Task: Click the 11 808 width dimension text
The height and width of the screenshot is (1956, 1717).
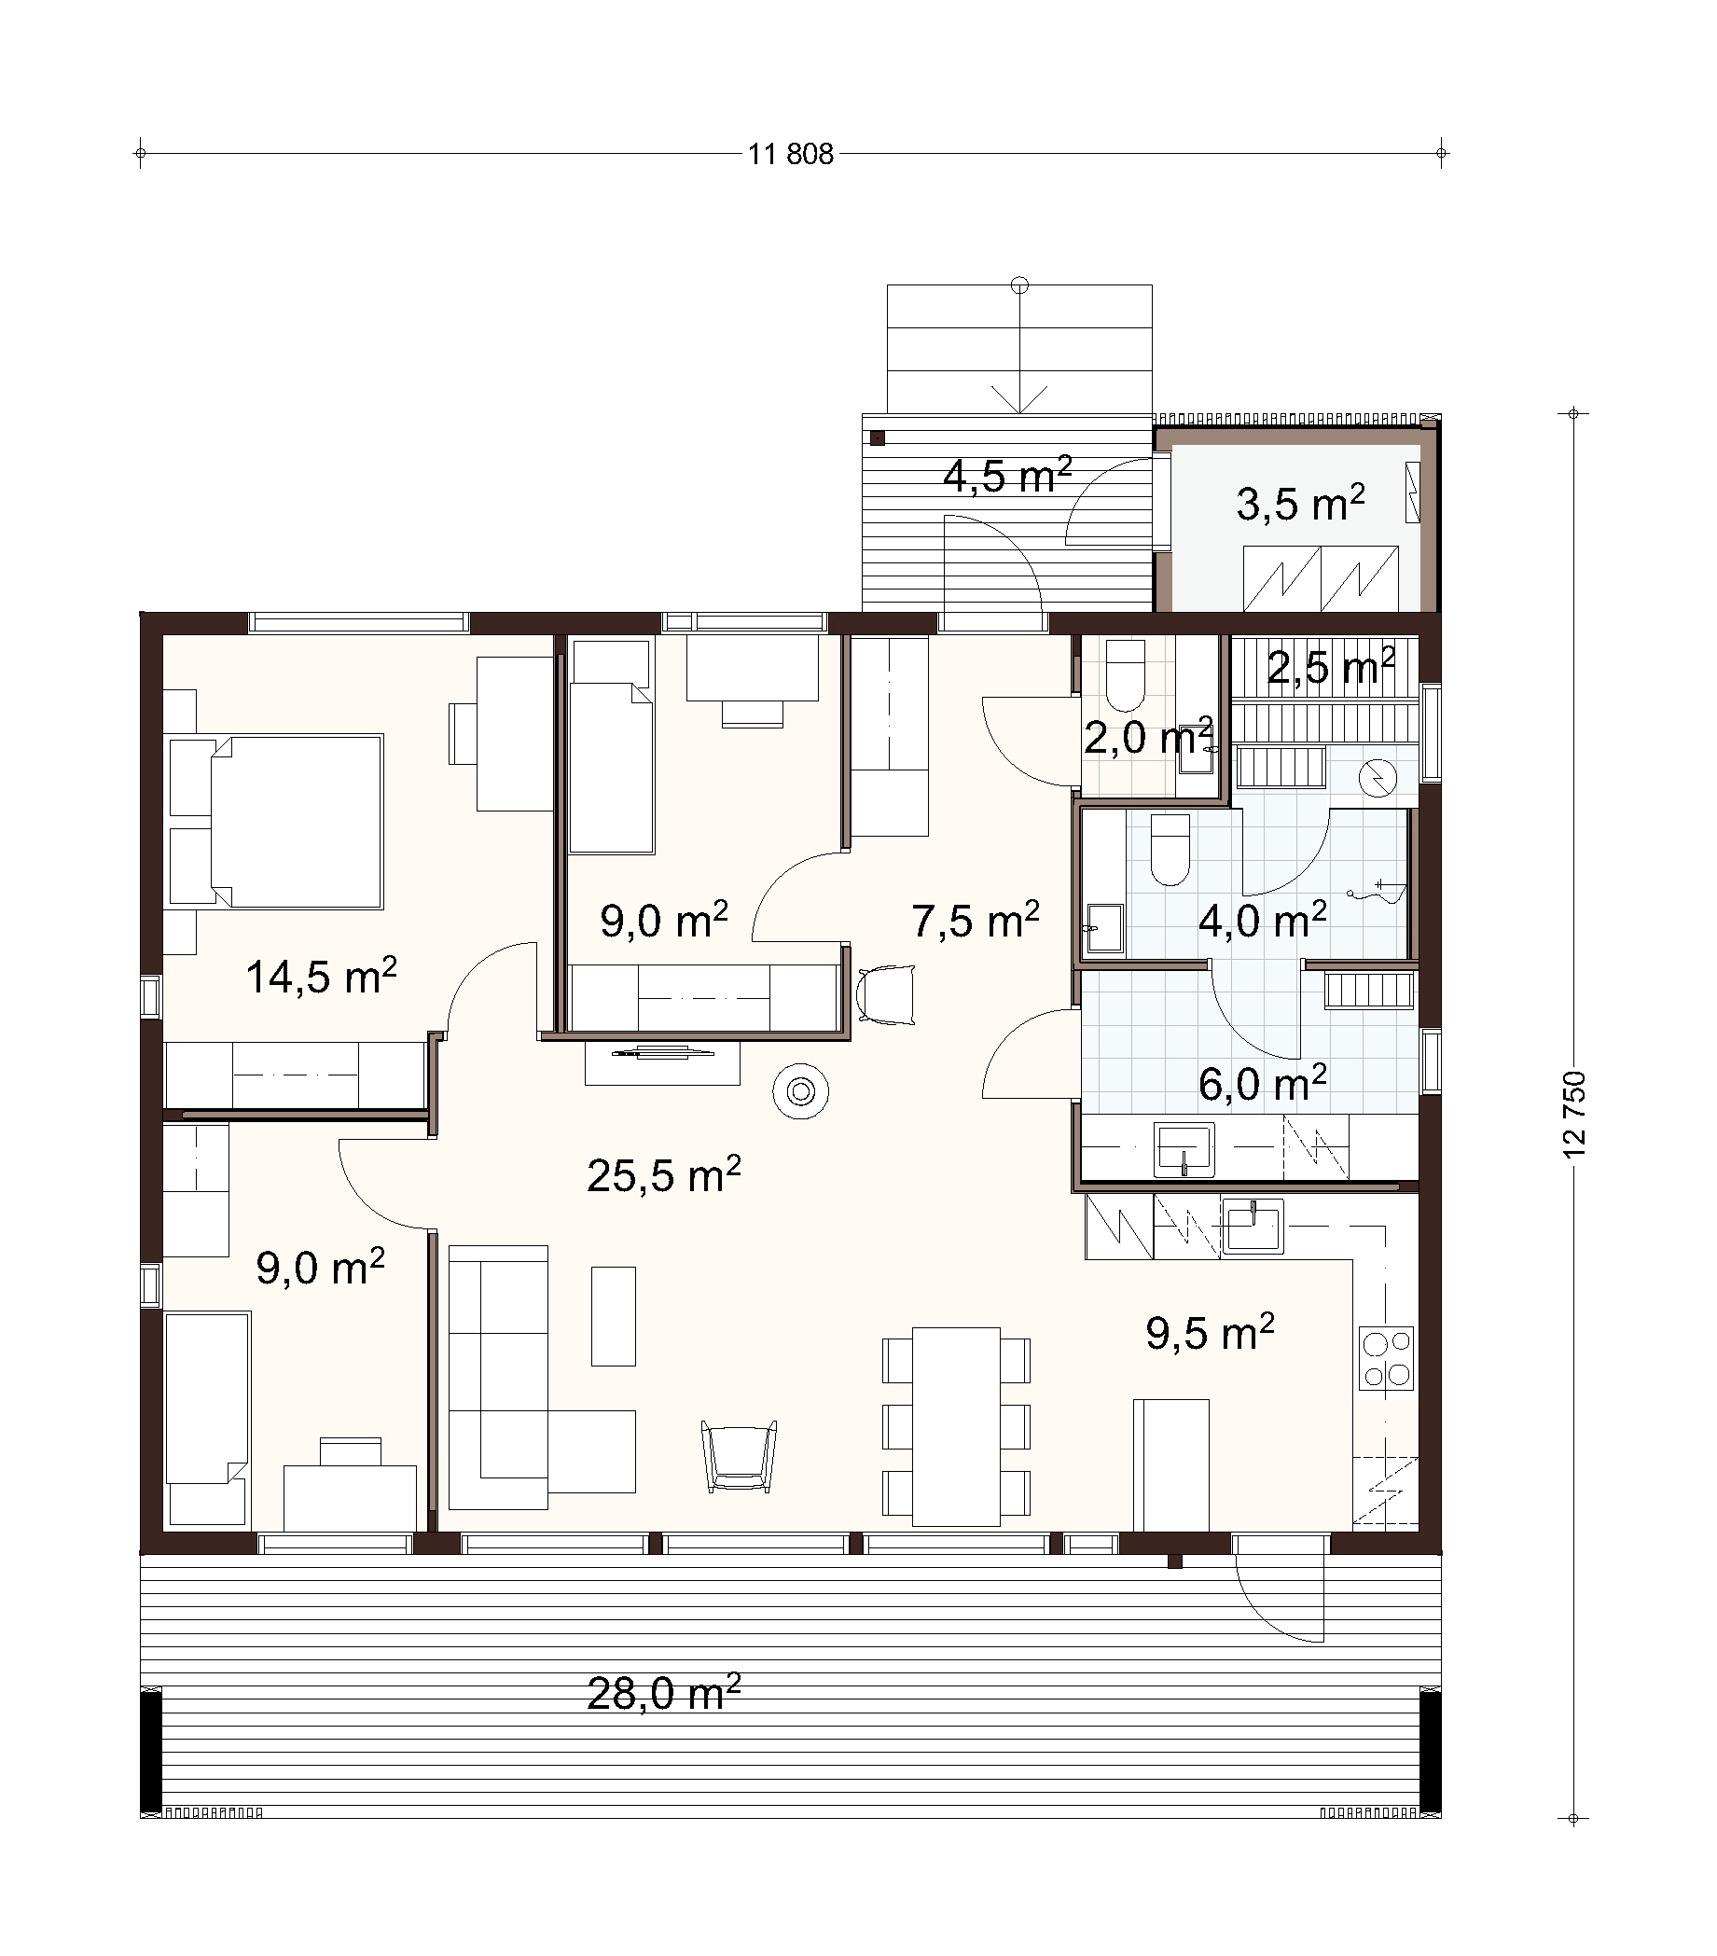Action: (791, 154)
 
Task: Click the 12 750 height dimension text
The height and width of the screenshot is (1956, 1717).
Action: (1573, 1115)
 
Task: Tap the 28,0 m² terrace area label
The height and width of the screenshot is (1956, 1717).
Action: (663, 1693)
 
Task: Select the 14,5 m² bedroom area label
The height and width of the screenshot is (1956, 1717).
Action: (321, 976)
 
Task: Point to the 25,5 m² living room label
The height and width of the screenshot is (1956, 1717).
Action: (663, 1174)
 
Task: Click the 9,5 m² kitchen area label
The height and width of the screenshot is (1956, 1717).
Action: (1210, 1331)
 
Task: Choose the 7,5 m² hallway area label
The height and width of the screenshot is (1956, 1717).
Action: (976, 920)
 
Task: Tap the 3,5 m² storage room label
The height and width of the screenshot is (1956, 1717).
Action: (1300, 504)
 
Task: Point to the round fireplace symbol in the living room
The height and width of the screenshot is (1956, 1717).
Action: (801, 1091)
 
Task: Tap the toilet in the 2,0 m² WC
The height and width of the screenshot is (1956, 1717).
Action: (1126, 671)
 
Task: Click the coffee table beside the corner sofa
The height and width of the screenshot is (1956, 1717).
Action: (614, 1316)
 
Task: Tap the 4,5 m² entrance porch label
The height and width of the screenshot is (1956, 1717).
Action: (1007, 476)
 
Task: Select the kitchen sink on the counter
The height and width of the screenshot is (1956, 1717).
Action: (1253, 1226)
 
